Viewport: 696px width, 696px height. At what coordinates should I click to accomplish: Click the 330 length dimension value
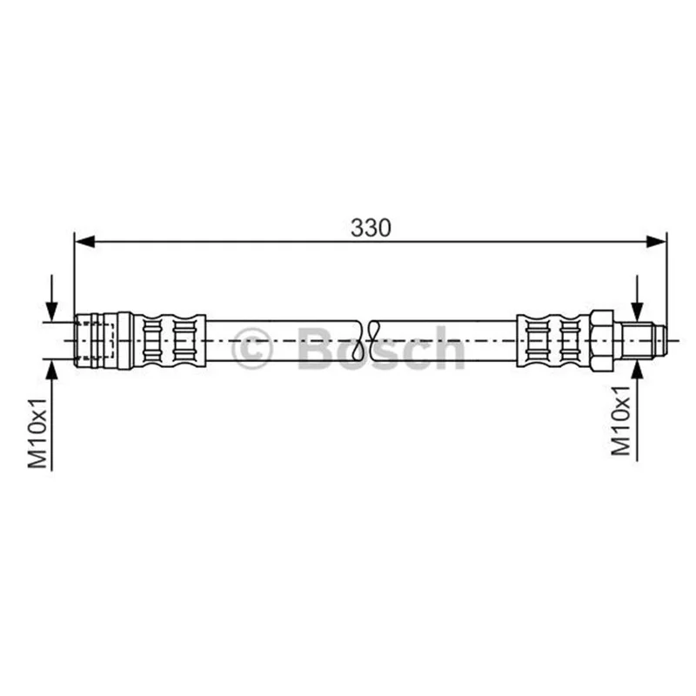click(x=371, y=228)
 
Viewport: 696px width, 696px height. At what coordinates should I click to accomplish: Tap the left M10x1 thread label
click(x=37, y=432)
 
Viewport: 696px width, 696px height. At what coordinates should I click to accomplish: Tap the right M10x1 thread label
click(x=620, y=420)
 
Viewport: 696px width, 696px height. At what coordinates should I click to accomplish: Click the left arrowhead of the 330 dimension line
click(x=84, y=242)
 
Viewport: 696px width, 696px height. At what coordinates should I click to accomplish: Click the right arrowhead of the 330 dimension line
click(x=656, y=242)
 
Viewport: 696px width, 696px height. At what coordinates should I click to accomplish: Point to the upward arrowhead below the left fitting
click(x=52, y=369)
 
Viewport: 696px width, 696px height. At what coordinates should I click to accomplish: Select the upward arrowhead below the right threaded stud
click(x=638, y=369)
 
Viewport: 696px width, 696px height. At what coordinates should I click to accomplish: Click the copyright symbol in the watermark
click(x=251, y=349)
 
